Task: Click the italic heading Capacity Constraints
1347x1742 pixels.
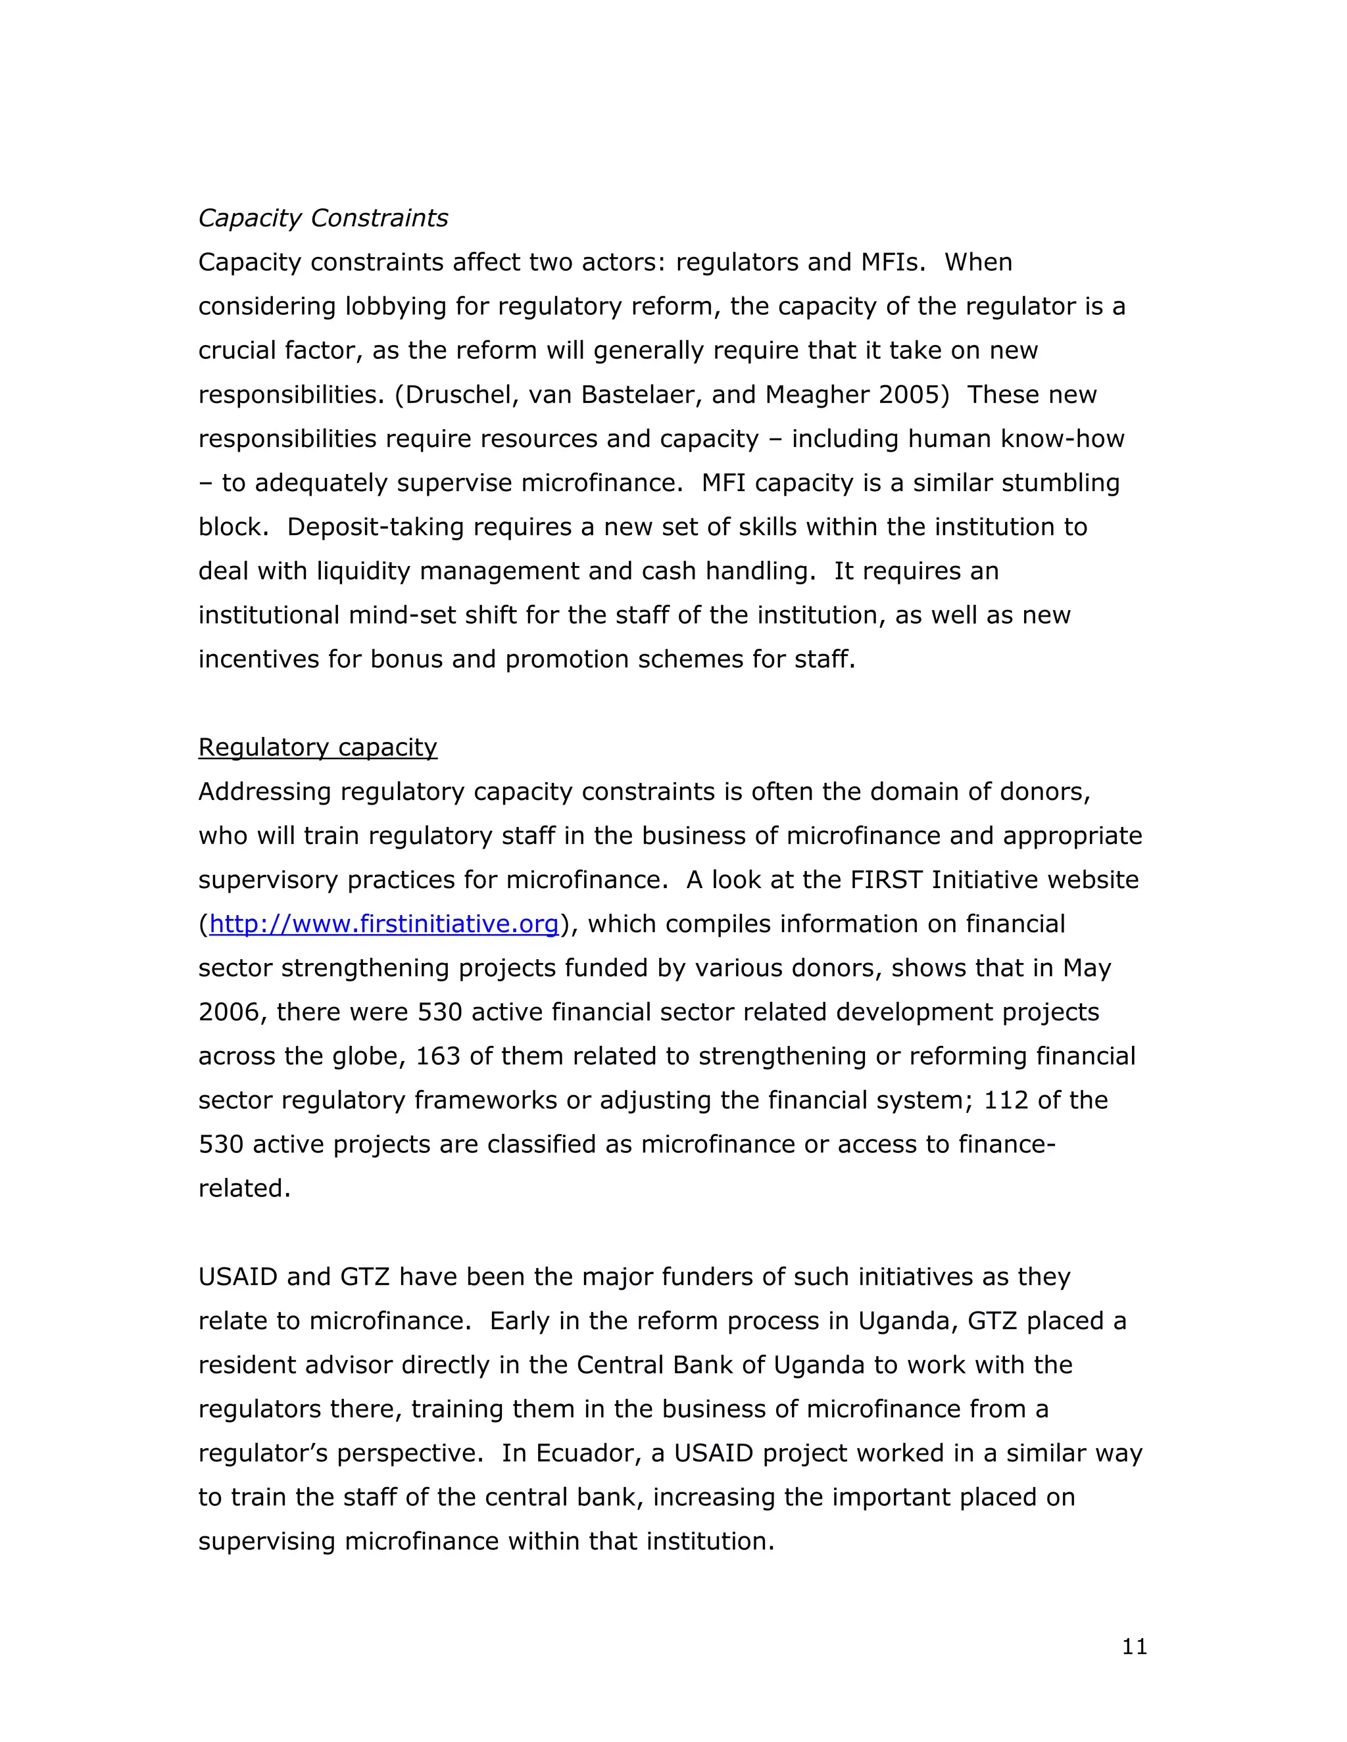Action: [323, 218]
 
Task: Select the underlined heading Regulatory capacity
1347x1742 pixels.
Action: [318, 747]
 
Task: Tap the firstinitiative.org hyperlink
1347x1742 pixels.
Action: [384, 924]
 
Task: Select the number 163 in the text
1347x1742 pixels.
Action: [438, 1056]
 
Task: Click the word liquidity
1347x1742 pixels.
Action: [363, 571]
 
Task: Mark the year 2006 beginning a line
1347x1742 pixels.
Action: [232, 1012]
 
